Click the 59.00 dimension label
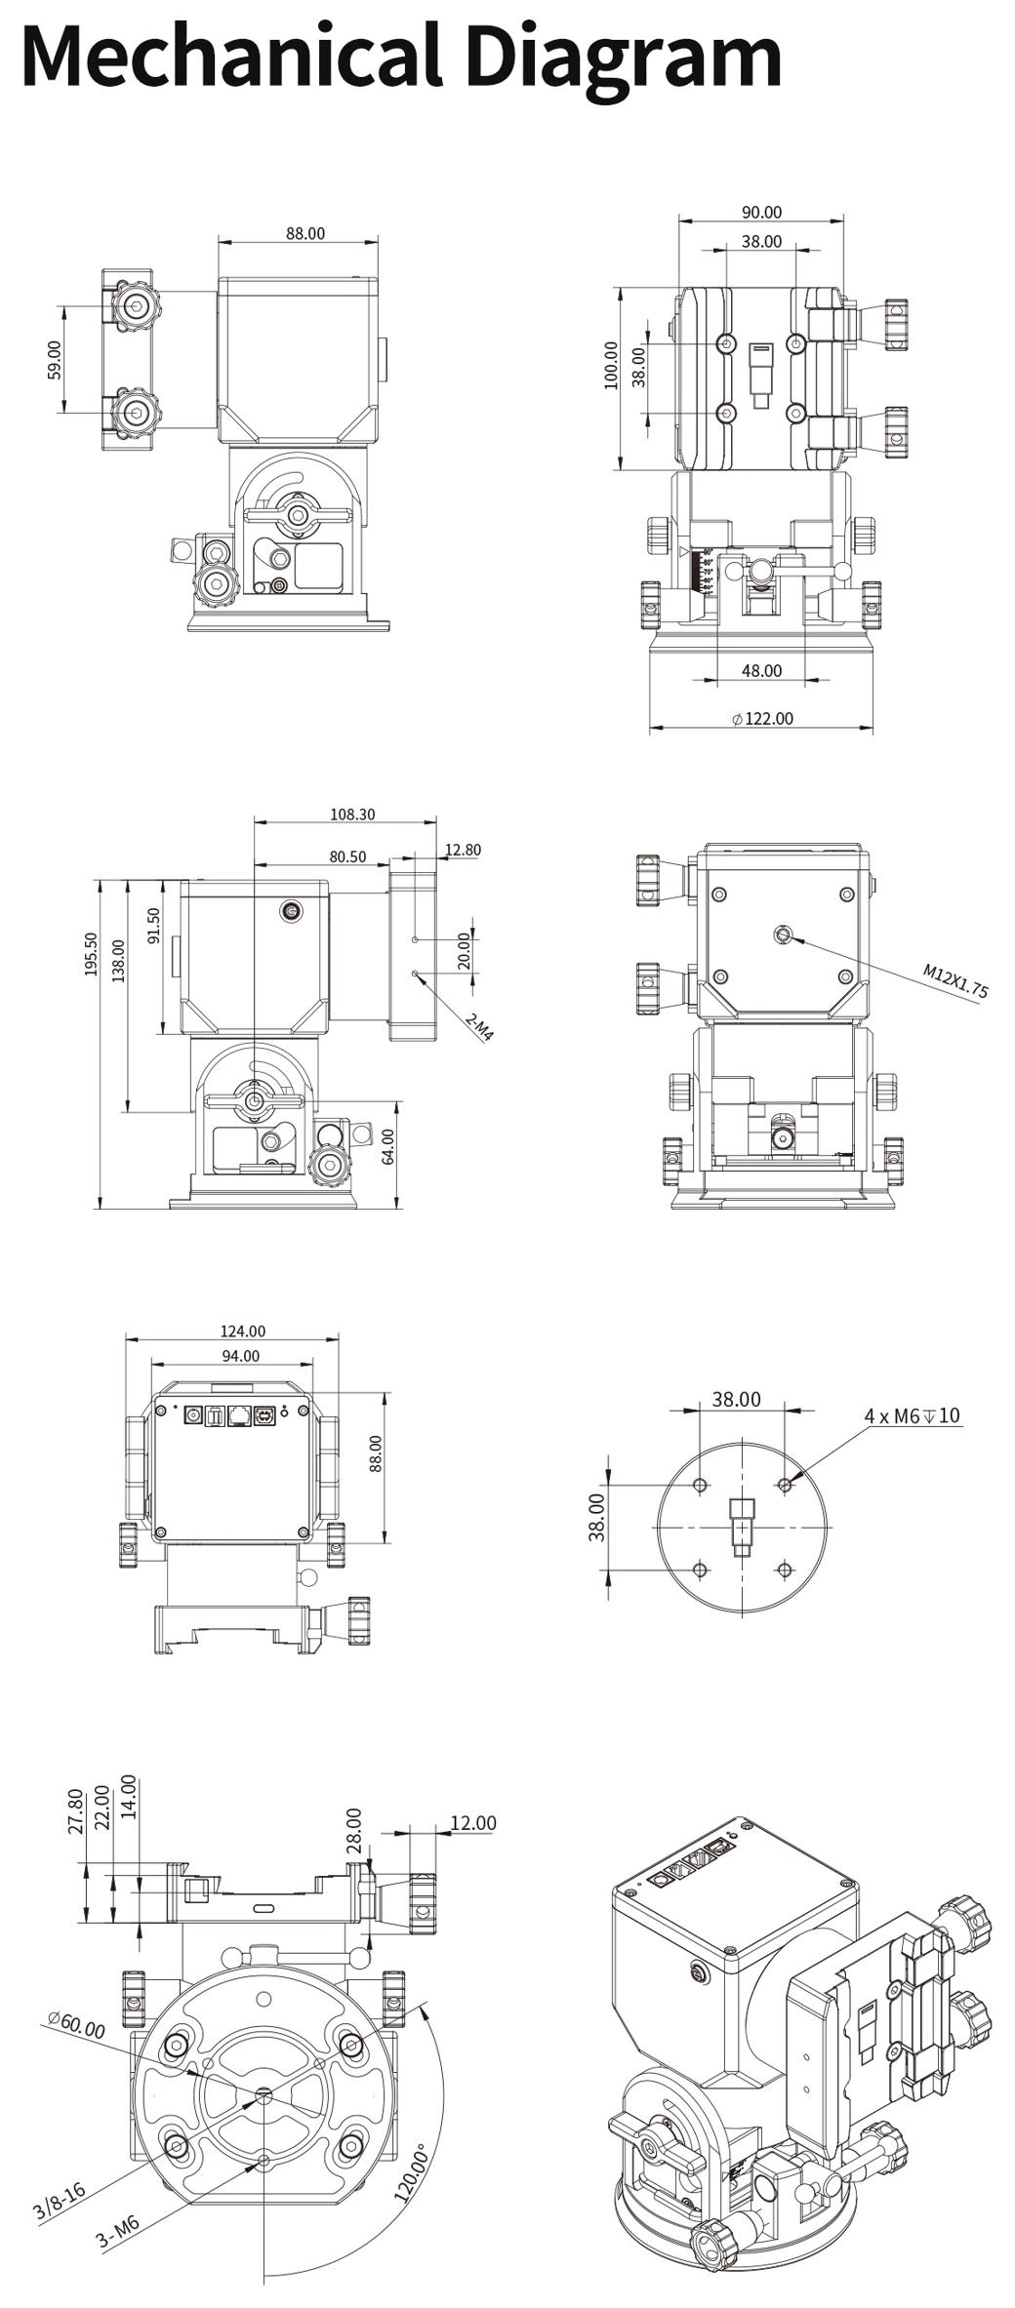coord(55,360)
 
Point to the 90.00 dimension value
coord(761,213)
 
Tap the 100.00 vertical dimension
coord(612,365)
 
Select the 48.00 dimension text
coord(761,671)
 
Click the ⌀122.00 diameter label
coord(762,719)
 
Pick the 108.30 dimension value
coord(352,814)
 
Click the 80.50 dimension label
coord(347,856)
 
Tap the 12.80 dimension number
coord(463,850)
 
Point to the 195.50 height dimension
coord(92,955)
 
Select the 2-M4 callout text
coord(479,1027)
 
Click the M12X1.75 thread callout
coord(955,982)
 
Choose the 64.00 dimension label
coord(388,1146)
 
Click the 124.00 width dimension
coord(242,1331)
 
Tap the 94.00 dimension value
coord(240,1356)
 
